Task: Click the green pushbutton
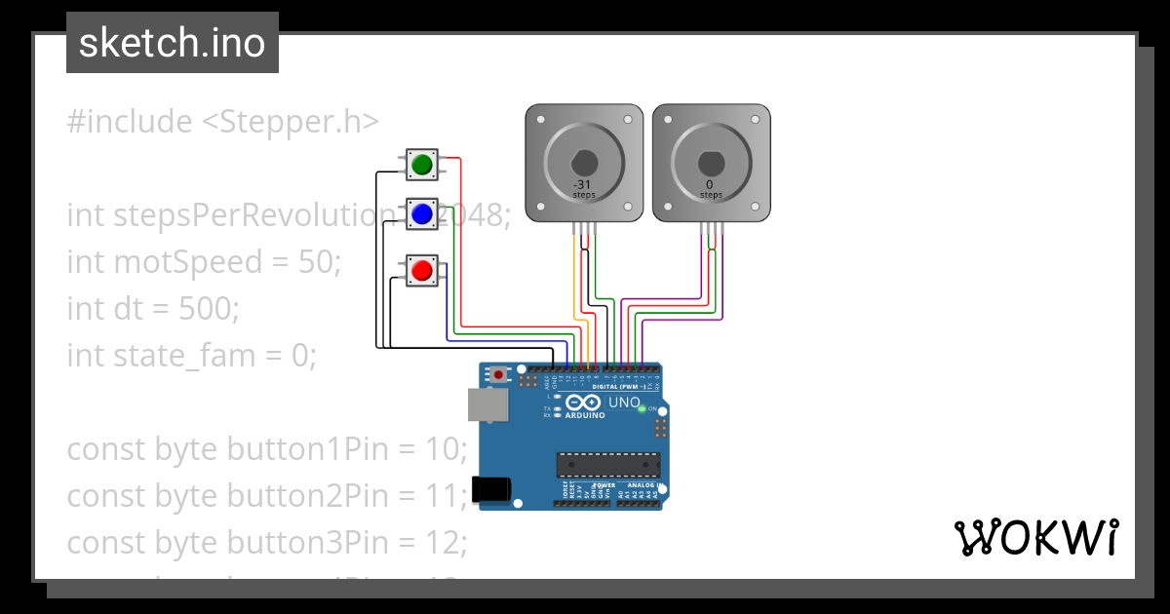tap(422, 165)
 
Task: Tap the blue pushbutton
tap(422, 214)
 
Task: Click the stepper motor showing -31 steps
tap(583, 162)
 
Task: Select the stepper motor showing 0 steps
tap(710, 162)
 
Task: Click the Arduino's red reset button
tap(500, 373)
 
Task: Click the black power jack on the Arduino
tap(489, 488)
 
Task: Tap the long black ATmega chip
tap(608, 466)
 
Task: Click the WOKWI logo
tap(1035, 538)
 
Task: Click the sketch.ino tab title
tap(173, 43)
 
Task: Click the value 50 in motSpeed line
tap(315, 262)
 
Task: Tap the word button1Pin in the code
tap(311, 449)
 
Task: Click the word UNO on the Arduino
tap(624, 403)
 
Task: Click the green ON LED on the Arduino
tap(641, 408)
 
